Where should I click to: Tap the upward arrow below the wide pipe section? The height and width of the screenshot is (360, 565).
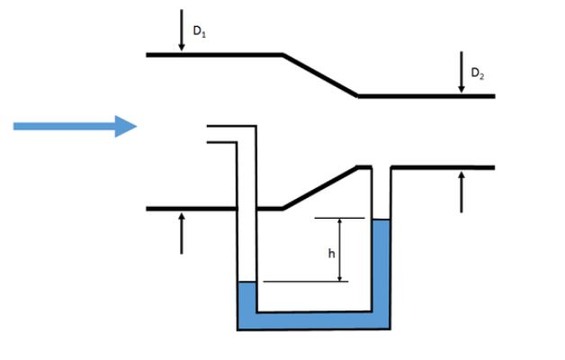coord(181,232)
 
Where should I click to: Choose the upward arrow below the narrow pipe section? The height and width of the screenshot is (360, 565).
coord(462,190)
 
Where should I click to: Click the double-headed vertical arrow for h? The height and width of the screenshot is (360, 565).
coord(340,249)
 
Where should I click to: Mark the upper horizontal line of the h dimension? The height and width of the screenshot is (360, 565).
coord(340,218)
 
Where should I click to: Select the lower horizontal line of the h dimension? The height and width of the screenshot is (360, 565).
coord(306,282)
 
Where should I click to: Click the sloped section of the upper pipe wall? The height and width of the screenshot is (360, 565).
coord(321,75)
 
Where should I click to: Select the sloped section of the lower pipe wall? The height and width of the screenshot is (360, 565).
coord(321,187)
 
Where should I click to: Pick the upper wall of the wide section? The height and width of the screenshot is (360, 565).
coord(216,55)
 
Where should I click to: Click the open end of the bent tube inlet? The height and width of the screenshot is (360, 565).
coord(209,134)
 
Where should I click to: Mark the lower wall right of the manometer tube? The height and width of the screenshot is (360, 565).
coord(442,167)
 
